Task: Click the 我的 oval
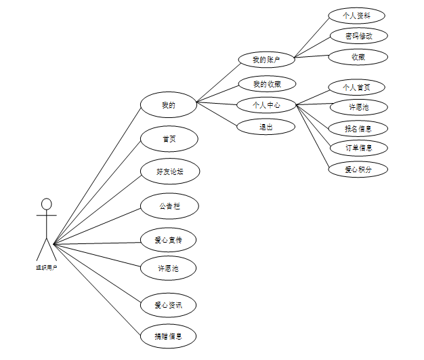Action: click(168, 105)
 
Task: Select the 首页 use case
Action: click(169, 139)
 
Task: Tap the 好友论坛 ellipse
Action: click(169, 172)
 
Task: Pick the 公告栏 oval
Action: click(169, 205)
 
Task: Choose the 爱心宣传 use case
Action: click(169, 239)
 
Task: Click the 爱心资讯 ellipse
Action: click(169, 305)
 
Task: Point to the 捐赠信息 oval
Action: click(169, 336)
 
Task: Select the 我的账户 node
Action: click(266, 60)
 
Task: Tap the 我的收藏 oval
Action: click(267, 84)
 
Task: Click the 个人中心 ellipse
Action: click(266, 105)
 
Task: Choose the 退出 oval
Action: click(266, 126)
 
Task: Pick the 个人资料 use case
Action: click(357, 16)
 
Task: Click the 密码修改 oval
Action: click(358, 36)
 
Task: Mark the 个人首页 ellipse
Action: click(357, 87)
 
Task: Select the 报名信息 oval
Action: click(358, 127)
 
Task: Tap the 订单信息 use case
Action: click(358, 147)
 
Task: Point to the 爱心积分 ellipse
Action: click(358, 169)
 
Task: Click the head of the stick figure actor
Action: click(46, 203)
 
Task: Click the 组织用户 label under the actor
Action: click(46, 268)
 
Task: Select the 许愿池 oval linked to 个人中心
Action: click(358, 107)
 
